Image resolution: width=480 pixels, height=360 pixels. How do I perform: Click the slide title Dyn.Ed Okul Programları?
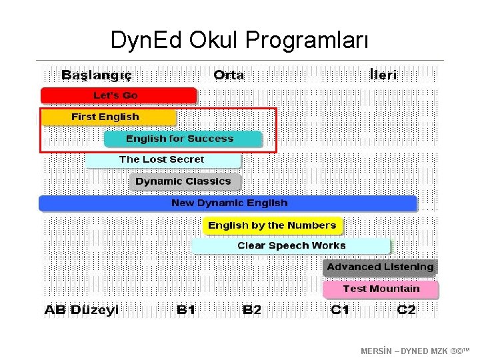click(239, 41)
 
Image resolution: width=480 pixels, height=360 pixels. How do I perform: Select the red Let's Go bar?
click(119, 95)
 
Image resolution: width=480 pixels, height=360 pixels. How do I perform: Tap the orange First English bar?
click(108, 117)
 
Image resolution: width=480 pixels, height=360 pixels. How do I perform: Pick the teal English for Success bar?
click(182, 139)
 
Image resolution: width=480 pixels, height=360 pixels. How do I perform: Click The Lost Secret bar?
click(162, 160)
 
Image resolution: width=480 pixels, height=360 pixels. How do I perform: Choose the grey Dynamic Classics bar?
click(185, 181)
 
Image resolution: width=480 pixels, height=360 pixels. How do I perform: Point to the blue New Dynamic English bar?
click(228, 203)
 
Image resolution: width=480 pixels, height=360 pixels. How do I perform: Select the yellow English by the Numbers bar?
click(272, 225)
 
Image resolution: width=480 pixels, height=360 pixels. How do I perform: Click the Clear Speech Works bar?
click(291, 246)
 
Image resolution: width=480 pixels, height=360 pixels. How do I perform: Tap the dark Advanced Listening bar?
click(380, 267)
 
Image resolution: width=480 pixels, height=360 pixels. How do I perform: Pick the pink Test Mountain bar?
click(381, 289)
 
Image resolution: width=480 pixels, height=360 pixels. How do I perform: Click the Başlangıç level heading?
click(97, 75)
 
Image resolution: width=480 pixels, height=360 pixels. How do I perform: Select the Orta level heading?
click(229, 75)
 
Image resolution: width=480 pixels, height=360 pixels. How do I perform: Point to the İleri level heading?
click(383, 75)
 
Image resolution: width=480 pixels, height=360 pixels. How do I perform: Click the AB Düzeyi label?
click(81, 310)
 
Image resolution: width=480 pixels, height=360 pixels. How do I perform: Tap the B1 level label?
click(186, 310)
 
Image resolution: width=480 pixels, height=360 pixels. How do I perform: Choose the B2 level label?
click(252, 310)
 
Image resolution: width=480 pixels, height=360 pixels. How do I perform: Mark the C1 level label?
click(340, 310)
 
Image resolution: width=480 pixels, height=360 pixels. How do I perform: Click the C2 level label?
click(406, 310)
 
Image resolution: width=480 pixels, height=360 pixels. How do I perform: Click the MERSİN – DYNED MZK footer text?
click(415, 351)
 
